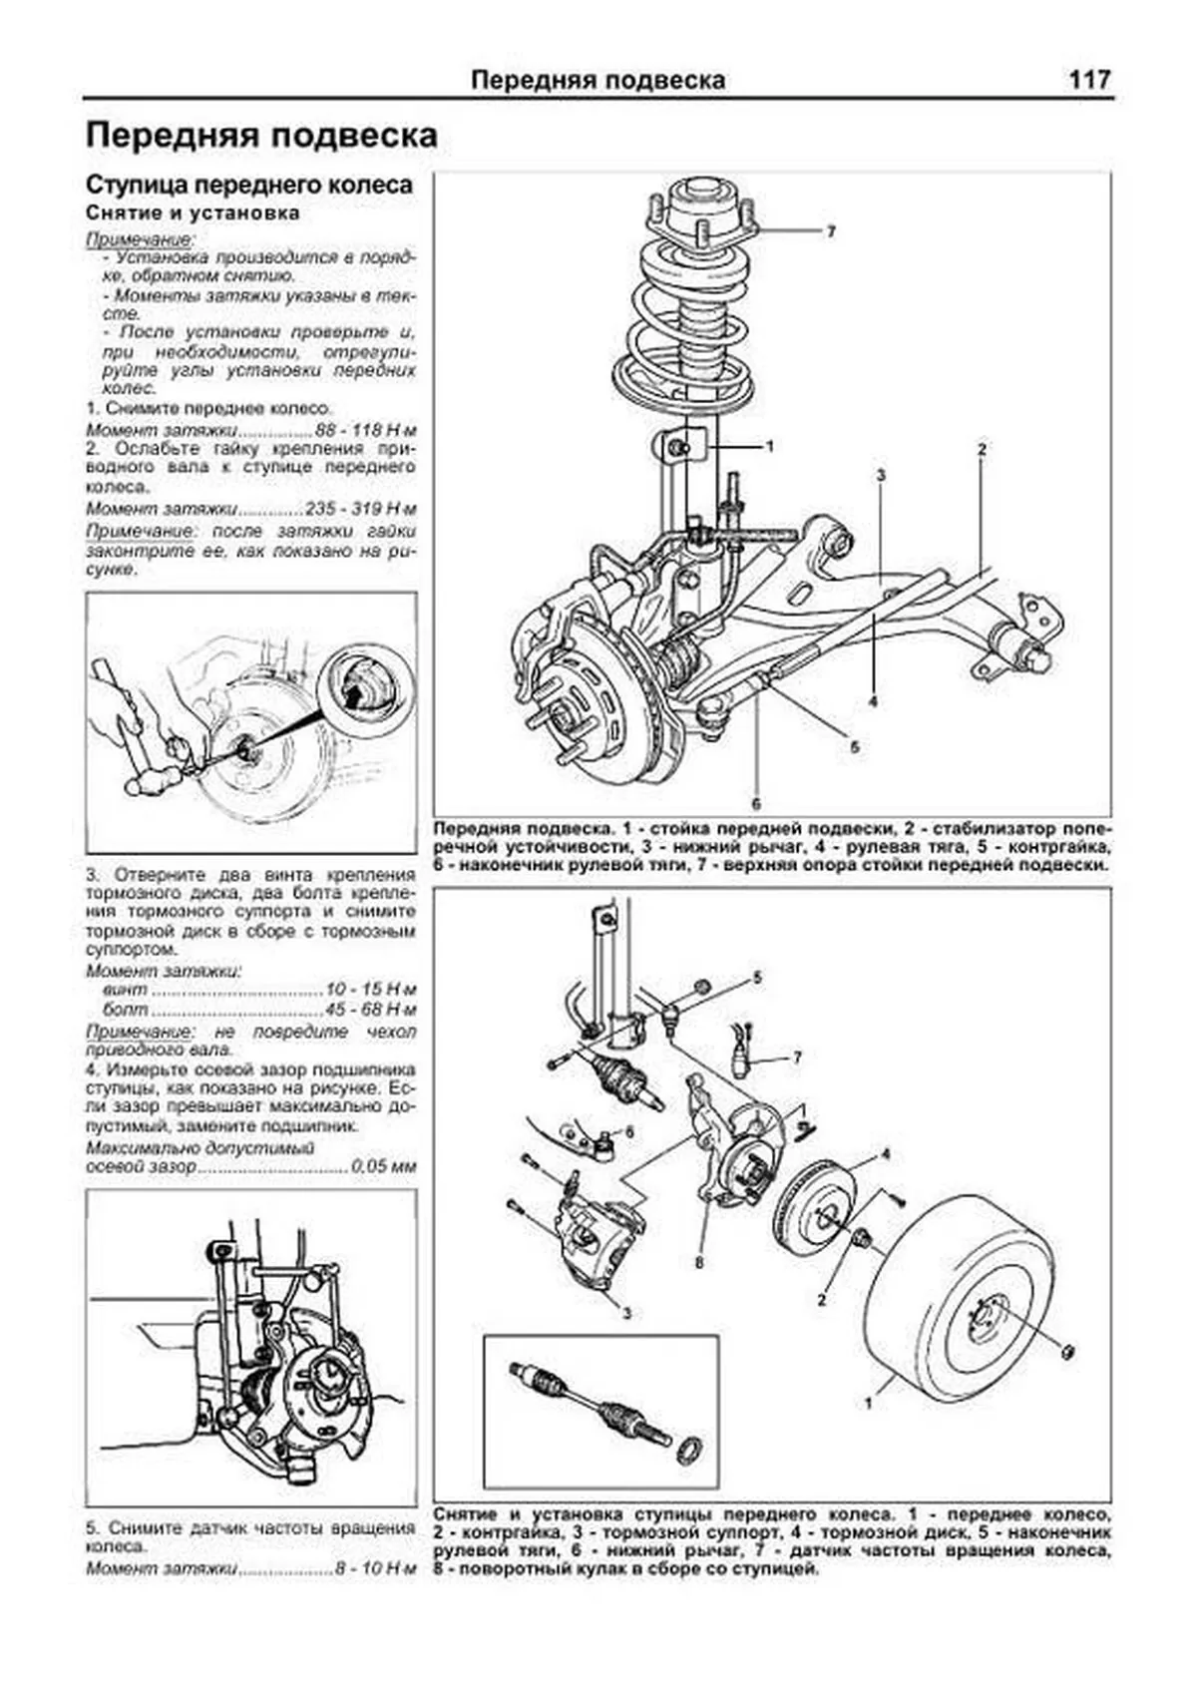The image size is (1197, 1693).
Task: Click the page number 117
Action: [x=1089, y=80]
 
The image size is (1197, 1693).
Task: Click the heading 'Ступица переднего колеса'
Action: [x=248, y=186]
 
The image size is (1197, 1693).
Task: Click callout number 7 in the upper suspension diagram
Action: [x=830, y=231]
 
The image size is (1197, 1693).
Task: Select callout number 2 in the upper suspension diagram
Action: [x=982, y=450]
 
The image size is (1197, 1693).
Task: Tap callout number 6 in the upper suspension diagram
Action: [x=756, y=801]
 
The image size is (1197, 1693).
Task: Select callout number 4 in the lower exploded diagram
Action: [x=885, y=1155]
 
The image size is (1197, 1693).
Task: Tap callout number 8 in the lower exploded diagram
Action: [x=699, y=1263]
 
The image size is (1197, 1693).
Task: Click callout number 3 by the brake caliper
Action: [x=626, y=1313]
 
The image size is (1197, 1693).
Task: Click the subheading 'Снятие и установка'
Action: [x=193, y=212]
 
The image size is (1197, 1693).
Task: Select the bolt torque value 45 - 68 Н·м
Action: [x=372, y=1010]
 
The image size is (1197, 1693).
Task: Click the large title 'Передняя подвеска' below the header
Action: [x=261, y=136]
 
